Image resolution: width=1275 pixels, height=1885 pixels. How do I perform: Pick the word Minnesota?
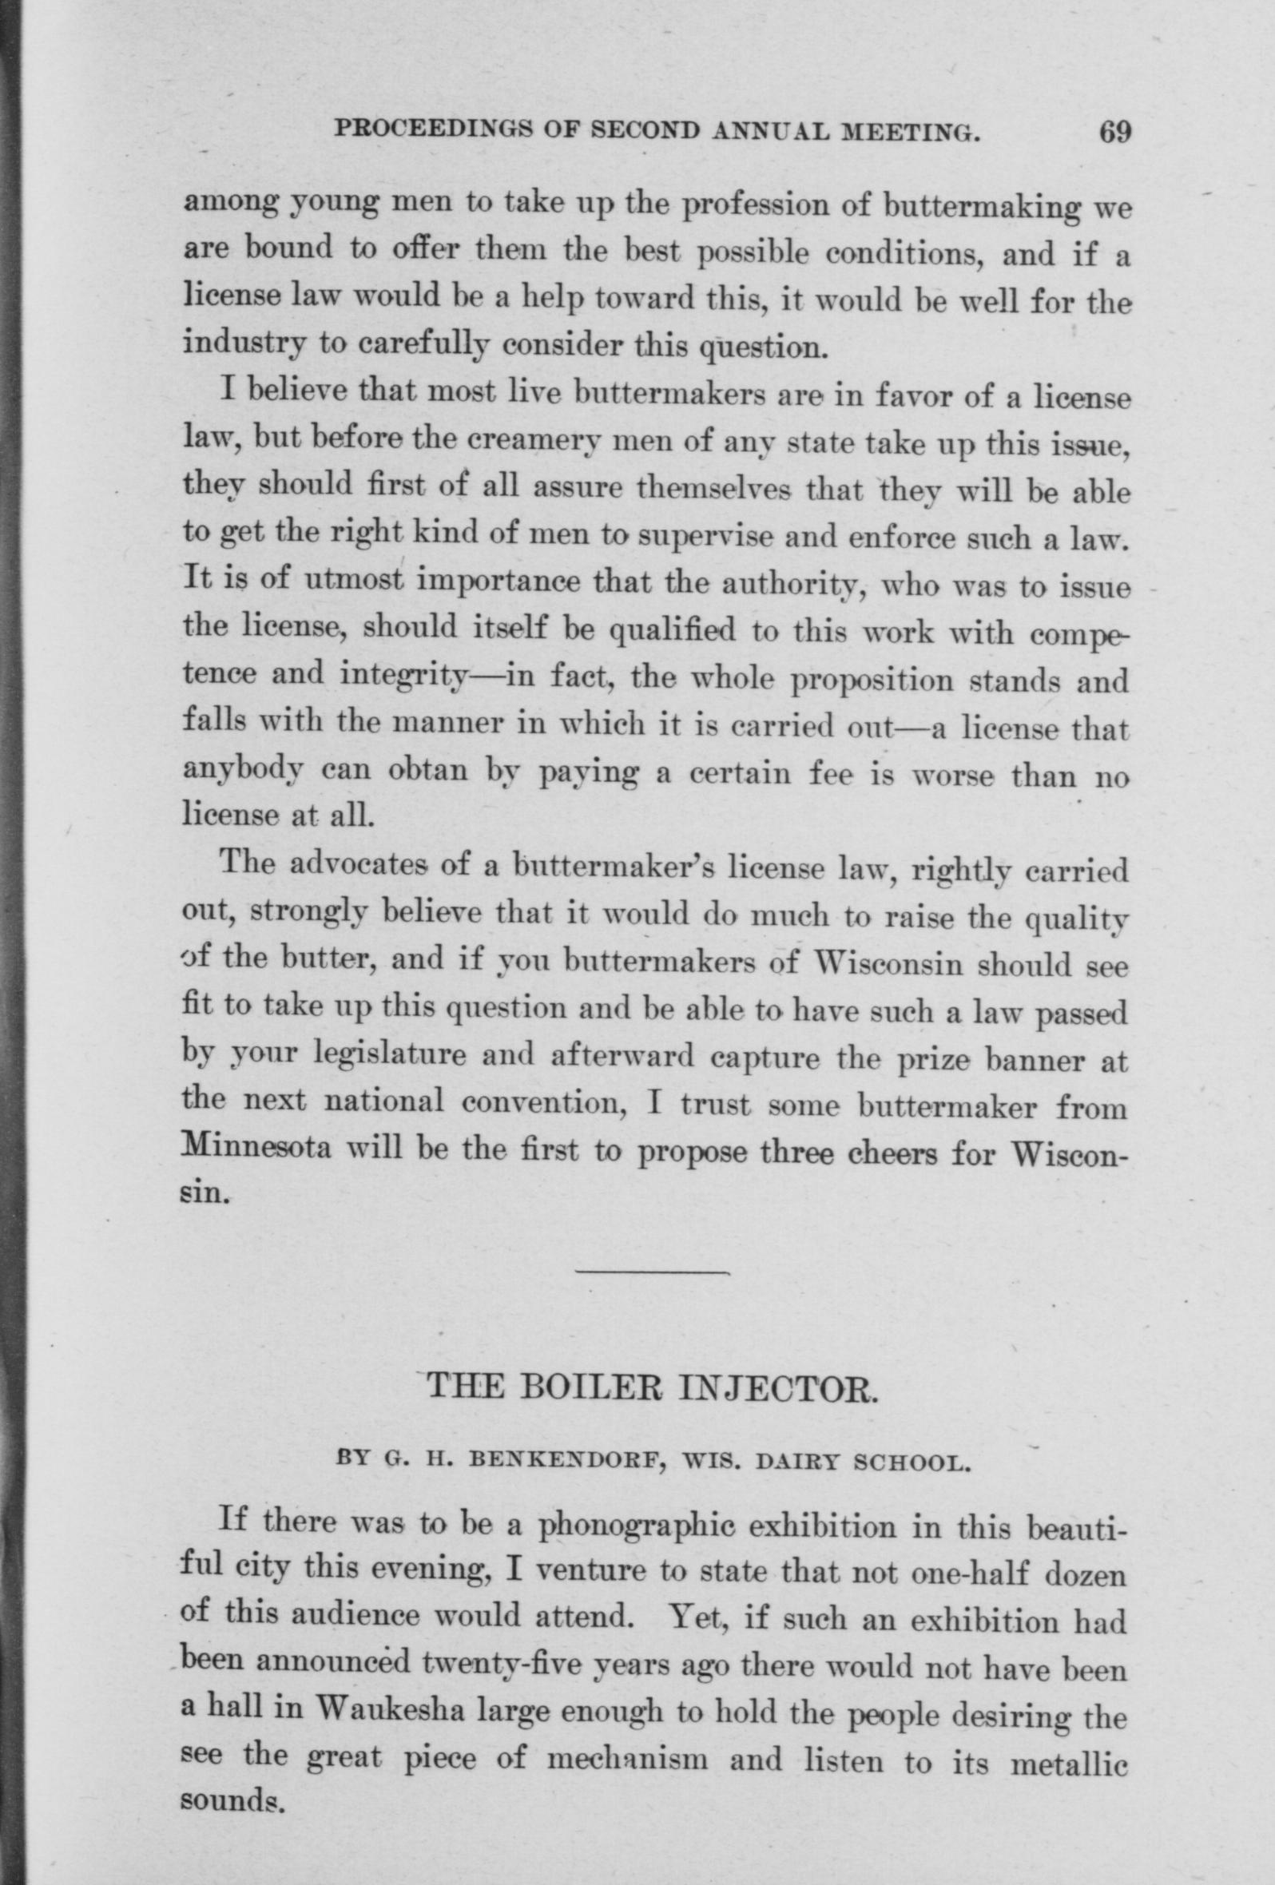click(255, 1152)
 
